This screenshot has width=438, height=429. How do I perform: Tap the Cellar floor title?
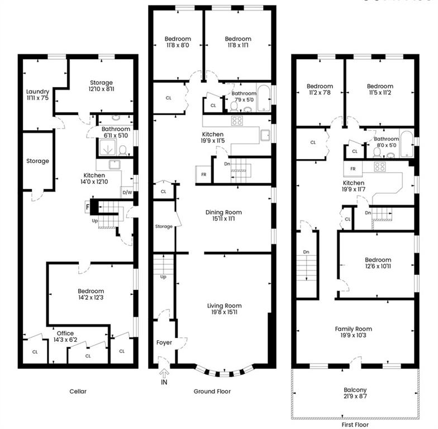click(x=78, y=392)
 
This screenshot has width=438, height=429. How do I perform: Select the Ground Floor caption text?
click(x=212, y=392)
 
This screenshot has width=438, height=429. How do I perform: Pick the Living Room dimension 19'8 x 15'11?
click(x=224, y=313)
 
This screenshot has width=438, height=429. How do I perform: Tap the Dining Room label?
click(x=224, y=212)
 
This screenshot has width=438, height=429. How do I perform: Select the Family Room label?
click(x=354, y=329)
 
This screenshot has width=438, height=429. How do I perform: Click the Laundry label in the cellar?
click(x=38, y=92)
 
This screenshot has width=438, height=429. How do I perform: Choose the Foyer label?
click(x=164, y=342)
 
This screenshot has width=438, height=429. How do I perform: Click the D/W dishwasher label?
click(x=127, y=193)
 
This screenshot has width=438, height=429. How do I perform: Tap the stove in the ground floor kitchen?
click(x=237, y=120)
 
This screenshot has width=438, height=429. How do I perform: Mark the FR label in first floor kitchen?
click(x=353, y=169)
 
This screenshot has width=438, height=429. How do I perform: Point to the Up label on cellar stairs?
click(x=96, y=221)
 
